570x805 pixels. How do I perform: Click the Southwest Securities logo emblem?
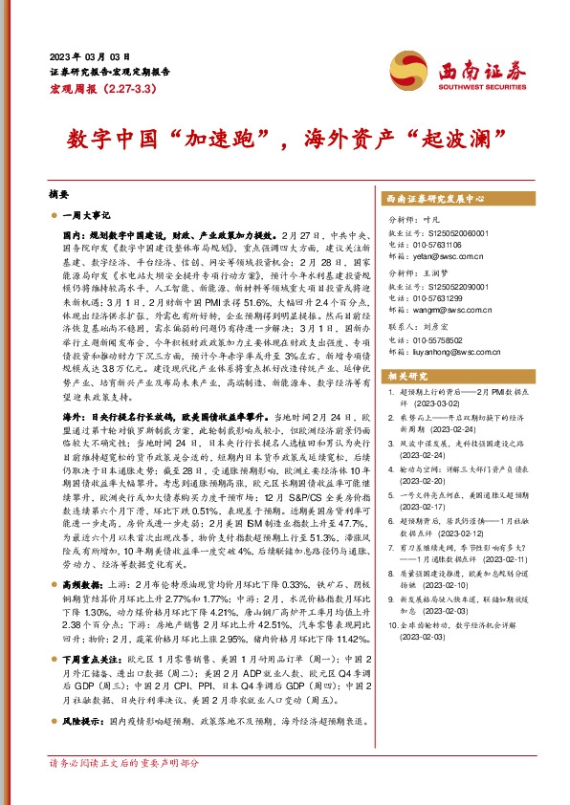(412, 70)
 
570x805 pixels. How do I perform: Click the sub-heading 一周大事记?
(86, 217)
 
